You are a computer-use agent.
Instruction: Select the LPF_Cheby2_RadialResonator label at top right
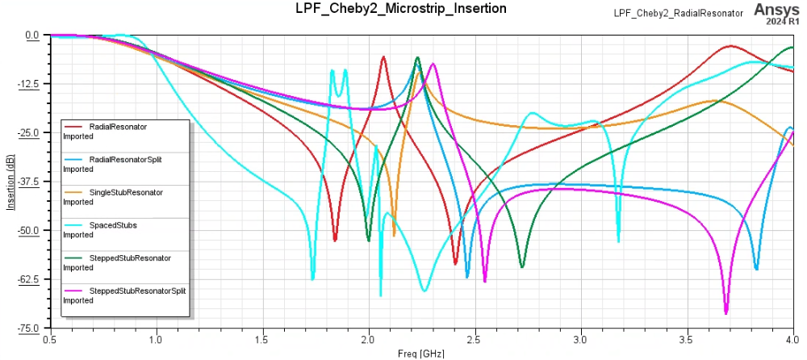pos(667,13)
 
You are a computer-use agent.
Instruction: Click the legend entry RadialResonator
pos(118,127)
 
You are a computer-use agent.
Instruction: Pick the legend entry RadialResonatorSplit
pos(125,160)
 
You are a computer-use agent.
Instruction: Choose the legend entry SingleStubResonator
pos(126,192)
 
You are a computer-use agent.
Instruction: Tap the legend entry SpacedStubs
pos(113,225)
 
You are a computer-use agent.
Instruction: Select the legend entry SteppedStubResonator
pos(130,257)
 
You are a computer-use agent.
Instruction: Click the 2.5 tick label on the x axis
pos(475,341)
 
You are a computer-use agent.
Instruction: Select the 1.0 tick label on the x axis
pos(156,341)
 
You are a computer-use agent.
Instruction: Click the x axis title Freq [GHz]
pos(420,354)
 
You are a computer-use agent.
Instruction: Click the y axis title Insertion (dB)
pos(10,182)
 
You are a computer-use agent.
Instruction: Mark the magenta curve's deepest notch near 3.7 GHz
pos(726,312)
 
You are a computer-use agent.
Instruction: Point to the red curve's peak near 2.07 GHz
pos(383,57)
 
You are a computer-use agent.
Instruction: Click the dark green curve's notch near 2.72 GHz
pos(522,266)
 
